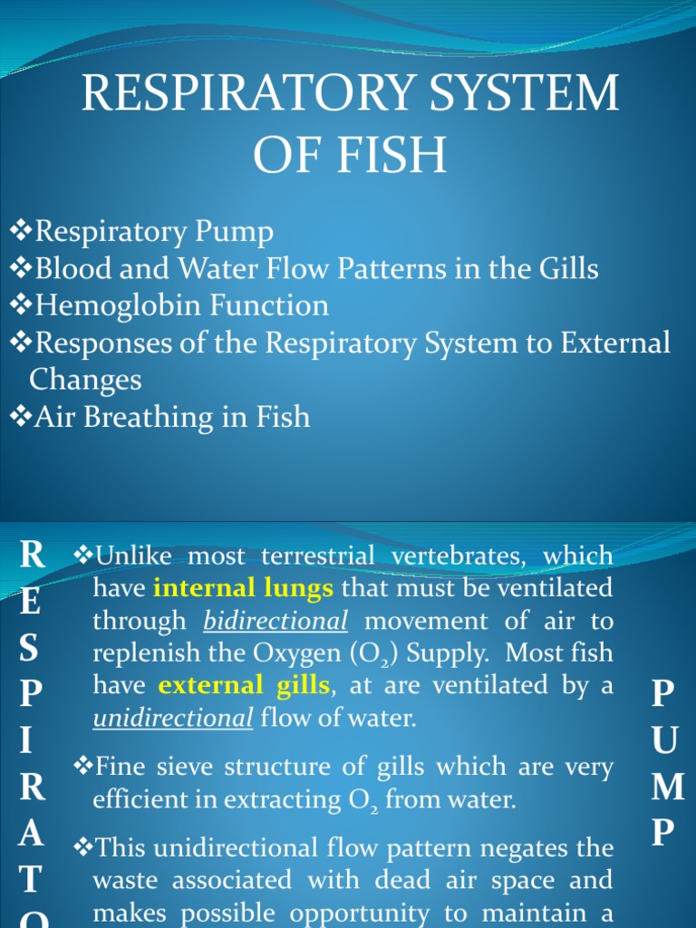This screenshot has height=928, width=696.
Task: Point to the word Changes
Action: pyautogui.click(x=85, y=380)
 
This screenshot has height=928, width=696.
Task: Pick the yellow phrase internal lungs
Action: pyautogui.click(x=244, y=588)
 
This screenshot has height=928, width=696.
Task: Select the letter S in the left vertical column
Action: pyautogui.click(x=30, y=649)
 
